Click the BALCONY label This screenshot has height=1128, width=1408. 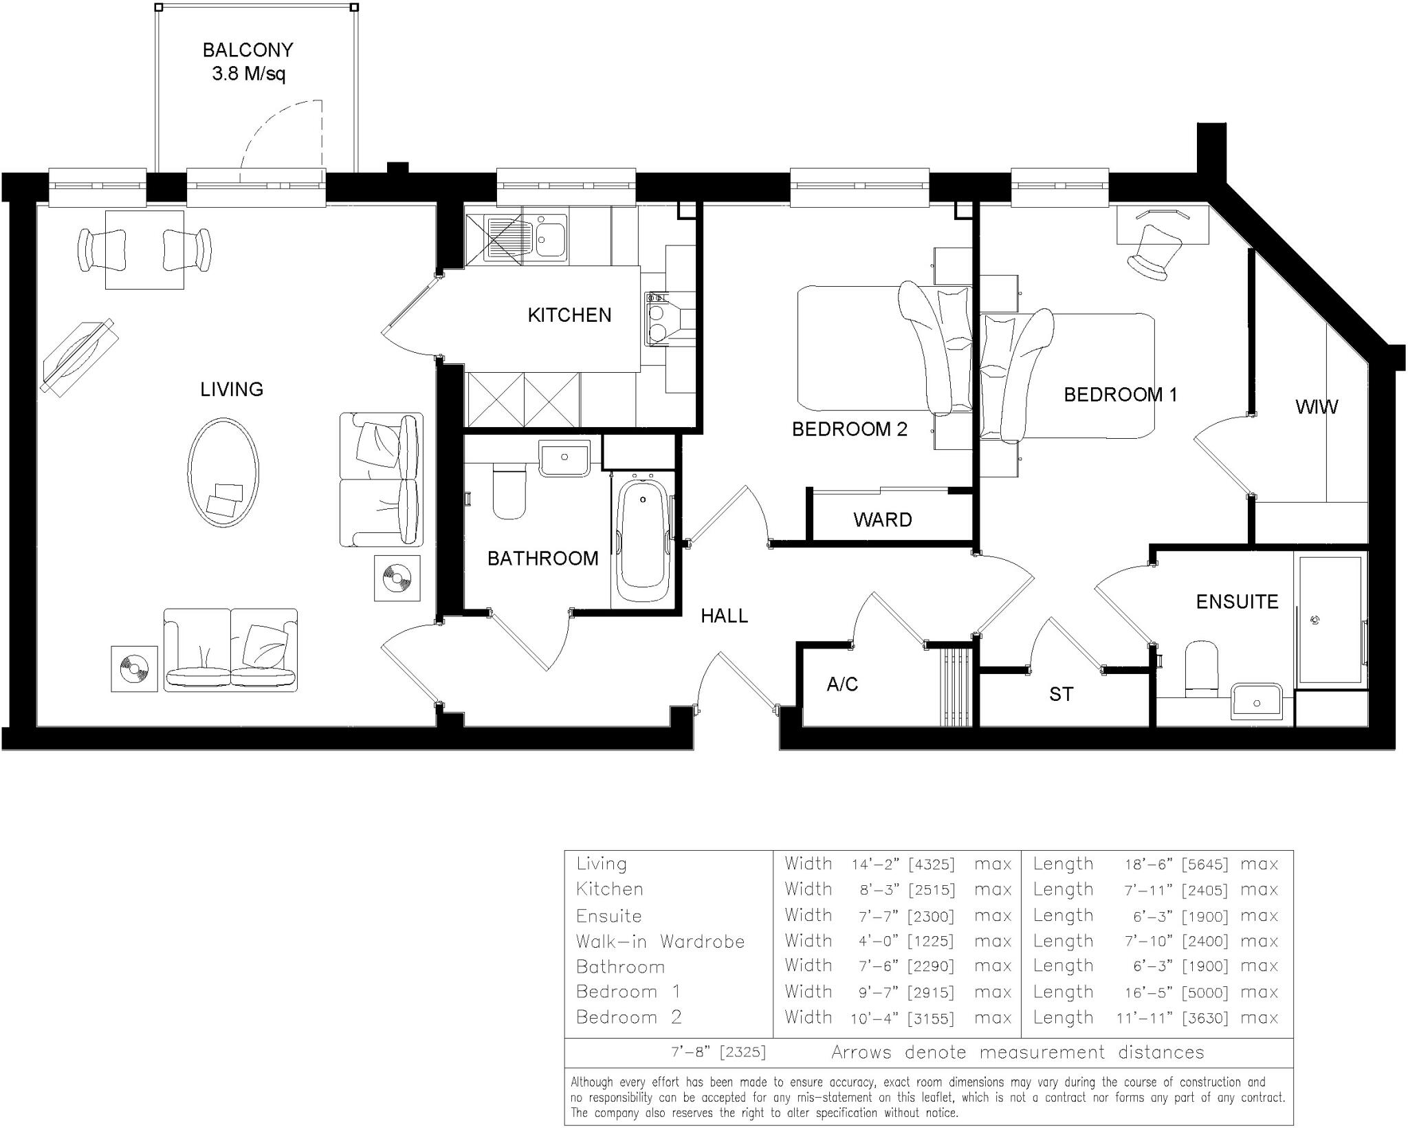point(247,50)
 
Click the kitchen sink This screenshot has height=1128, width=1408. point(525,237)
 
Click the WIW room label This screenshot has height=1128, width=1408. point(1317,406)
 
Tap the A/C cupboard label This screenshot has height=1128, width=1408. point(842,684)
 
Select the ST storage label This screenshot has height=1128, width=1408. point(1061,695)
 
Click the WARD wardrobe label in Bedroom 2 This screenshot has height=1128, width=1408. point(883,519)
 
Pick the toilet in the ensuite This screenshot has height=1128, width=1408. point(1201,669)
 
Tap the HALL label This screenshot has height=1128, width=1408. point(724,616)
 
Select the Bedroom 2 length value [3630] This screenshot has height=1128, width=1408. point(1204,1018)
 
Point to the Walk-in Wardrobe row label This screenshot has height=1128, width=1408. point(660,941)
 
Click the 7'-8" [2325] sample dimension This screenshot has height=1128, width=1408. point(718,1052)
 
